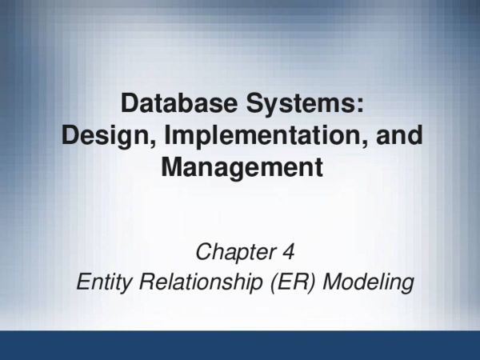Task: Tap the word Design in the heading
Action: [x=98, y=135]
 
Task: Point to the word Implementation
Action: [x=260, y=135]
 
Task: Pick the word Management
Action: [x=242, y=168]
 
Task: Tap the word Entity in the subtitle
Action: [x=99, y=282]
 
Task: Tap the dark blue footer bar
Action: [x=240, y=345]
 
